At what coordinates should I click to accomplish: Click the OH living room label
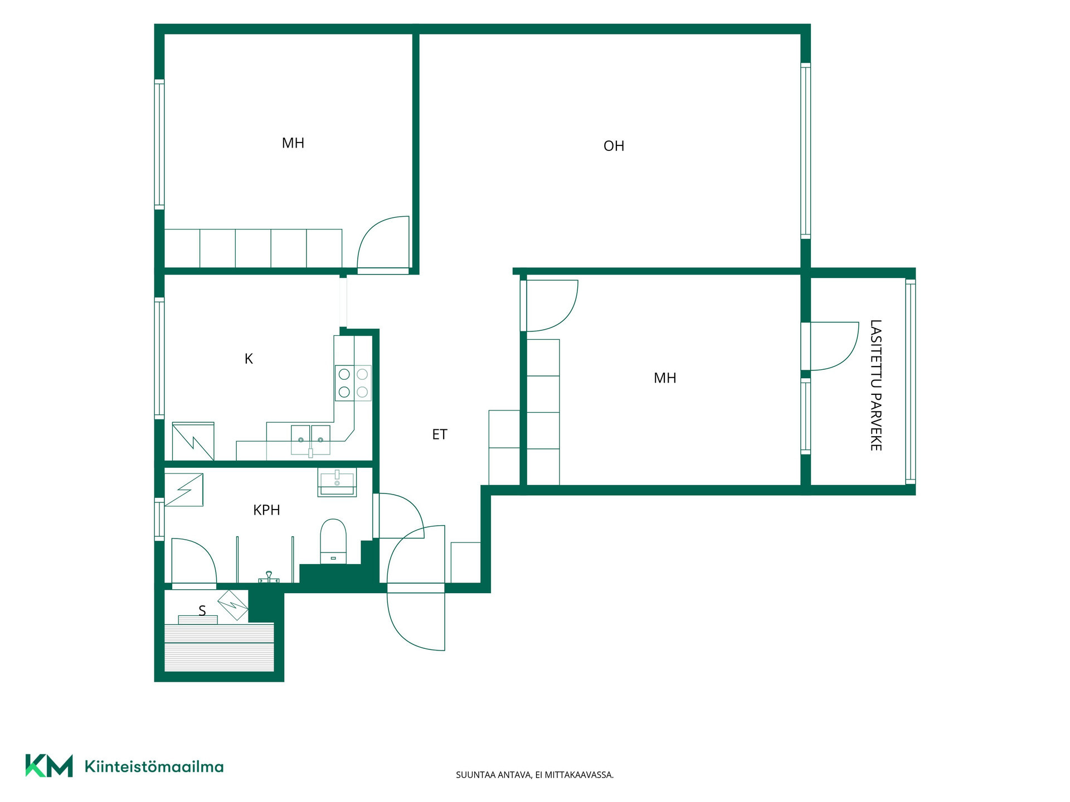click(x=614, y=146)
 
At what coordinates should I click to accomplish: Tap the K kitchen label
click(x=249, y=359)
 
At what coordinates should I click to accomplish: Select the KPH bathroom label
click(x=266, y=510)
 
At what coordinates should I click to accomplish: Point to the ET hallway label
click(x=440, y=434)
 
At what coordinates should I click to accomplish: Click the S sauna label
click(x=202, y=611)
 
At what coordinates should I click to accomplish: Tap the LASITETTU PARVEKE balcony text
click(x=876, y=385)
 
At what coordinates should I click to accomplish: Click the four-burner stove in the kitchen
click(x=353, y=383)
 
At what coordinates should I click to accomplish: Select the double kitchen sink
click(x=310, y=440)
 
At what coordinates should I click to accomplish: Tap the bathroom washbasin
click(x=337, y=482)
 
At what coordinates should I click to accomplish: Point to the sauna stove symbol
click(x=233, y=605)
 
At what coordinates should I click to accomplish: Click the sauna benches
click(x=220, y=647)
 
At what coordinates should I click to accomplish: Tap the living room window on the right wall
click(x=805, y=151)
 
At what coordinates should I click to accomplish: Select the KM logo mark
click(x=49, y=766)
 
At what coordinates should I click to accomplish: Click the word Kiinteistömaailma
click(x=154, y=766)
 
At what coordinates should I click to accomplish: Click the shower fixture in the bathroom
click(x=269, y=578)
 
